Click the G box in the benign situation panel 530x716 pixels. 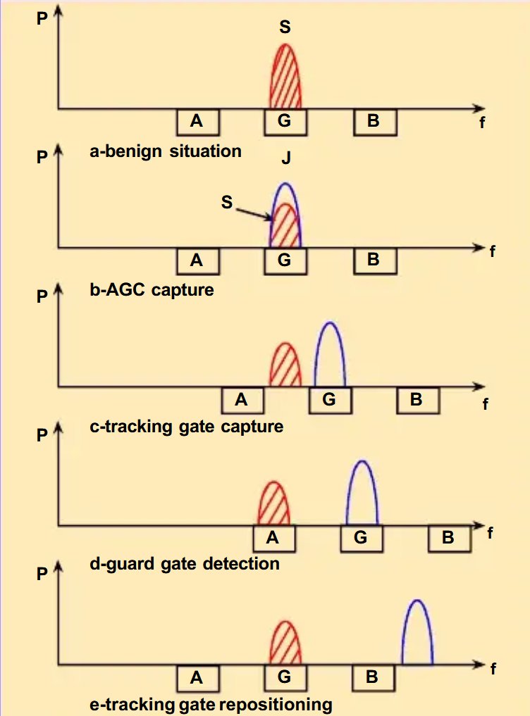pos(285,121)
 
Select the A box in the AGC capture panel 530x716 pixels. pos(197,260)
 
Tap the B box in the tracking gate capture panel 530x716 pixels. pos(417,399)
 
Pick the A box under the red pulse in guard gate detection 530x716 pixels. pos(273,539)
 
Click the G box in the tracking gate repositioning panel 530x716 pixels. pos(285,677)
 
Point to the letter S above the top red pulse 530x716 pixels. pos(285,27)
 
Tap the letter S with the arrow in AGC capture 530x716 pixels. pos(227,202)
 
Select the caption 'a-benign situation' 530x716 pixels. pos(166,151)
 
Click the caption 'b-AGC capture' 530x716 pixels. pos(152,289)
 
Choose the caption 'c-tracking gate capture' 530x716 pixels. pos(187,427)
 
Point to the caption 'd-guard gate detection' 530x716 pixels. pos(185,564)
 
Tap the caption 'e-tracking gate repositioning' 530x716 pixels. pos(211,703)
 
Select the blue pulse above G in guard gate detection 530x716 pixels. pos(362,496)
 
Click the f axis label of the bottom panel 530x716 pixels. pos(493,670)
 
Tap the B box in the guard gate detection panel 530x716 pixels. pos(448,539)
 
